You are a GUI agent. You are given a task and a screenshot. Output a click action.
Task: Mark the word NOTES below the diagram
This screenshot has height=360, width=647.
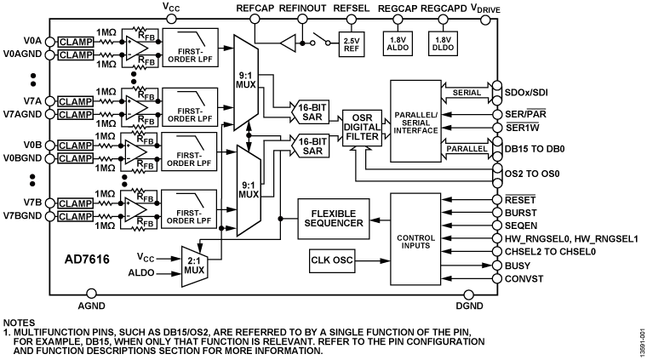click(x=20, y=323)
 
